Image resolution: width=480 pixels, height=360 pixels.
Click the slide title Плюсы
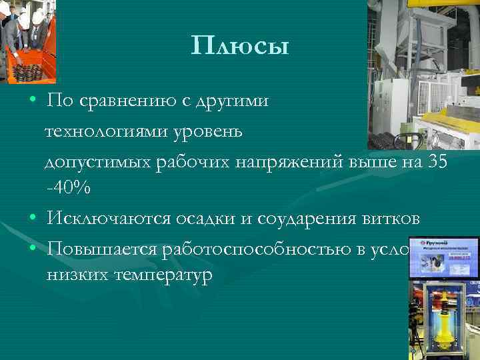coord(240,47)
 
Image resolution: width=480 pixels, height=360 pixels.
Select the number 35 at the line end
coord(437,160)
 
